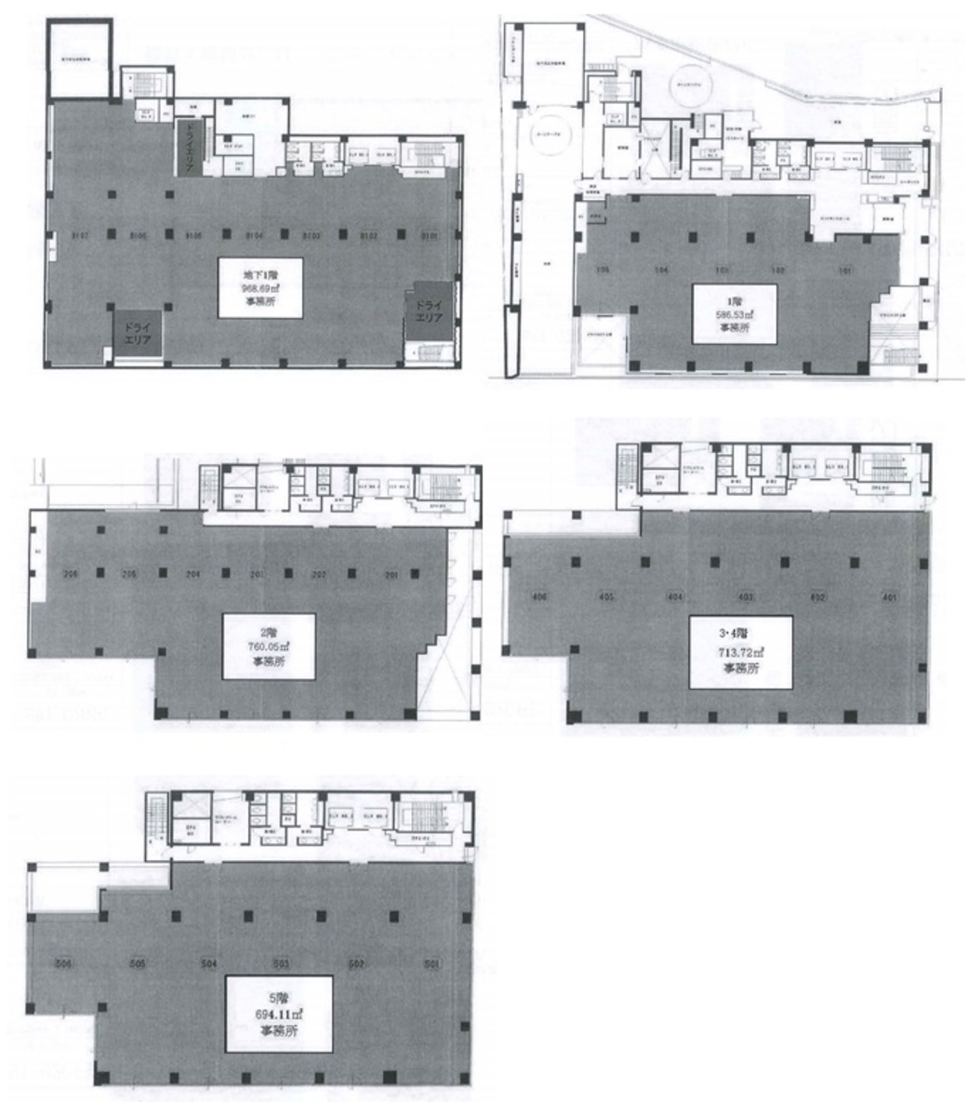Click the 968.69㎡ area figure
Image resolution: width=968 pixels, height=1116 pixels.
260,287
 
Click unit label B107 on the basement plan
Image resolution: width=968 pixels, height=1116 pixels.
78,234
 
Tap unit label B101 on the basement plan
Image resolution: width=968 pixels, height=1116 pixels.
429,234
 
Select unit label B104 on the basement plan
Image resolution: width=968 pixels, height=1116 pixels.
256,234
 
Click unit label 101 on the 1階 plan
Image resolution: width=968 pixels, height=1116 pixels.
844,272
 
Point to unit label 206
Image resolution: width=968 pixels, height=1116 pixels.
69,574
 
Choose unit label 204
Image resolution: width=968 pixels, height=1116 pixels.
193,574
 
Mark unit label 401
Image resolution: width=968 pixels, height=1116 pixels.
890,597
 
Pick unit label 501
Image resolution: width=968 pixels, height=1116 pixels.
431,963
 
